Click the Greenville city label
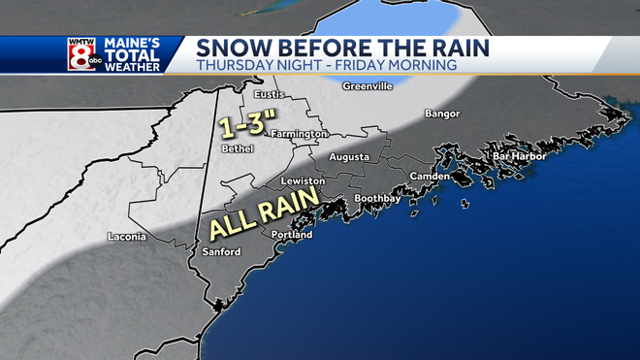click(x=367, y=85)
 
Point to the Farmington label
click(x=298, y=134)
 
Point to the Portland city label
click(x=293, y=236)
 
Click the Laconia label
click(x=127, y=237)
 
